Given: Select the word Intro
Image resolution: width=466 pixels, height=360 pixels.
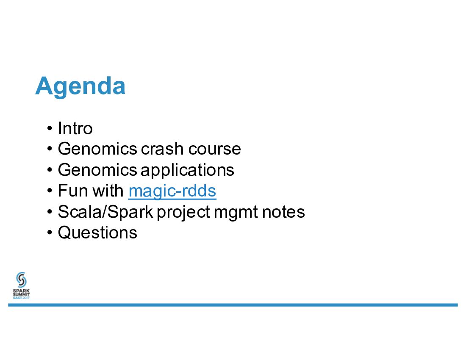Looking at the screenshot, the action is [x=75, y=128].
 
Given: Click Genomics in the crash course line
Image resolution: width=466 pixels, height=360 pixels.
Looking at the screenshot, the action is [x=97, y=149].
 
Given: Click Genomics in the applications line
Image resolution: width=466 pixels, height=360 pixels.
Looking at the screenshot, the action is [x=97, y=170].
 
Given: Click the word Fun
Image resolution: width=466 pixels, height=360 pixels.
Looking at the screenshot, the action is [x=71, y=191].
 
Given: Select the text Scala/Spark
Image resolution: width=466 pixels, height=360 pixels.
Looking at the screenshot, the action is [x=105, y=212].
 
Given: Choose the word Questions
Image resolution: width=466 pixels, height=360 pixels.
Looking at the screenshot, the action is [x=97, y=233].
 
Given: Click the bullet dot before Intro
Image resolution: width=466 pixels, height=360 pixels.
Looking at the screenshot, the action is [x=50, y=129].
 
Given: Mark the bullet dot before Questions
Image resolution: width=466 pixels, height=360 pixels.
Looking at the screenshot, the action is [x=50, y=233].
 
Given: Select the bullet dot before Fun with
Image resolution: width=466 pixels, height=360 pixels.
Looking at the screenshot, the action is [x=50, y=191].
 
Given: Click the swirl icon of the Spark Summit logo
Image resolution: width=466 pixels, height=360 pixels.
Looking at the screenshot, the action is [x=22, y=280].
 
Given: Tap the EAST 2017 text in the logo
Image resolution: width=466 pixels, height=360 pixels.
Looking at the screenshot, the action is [x=22, y=298].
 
